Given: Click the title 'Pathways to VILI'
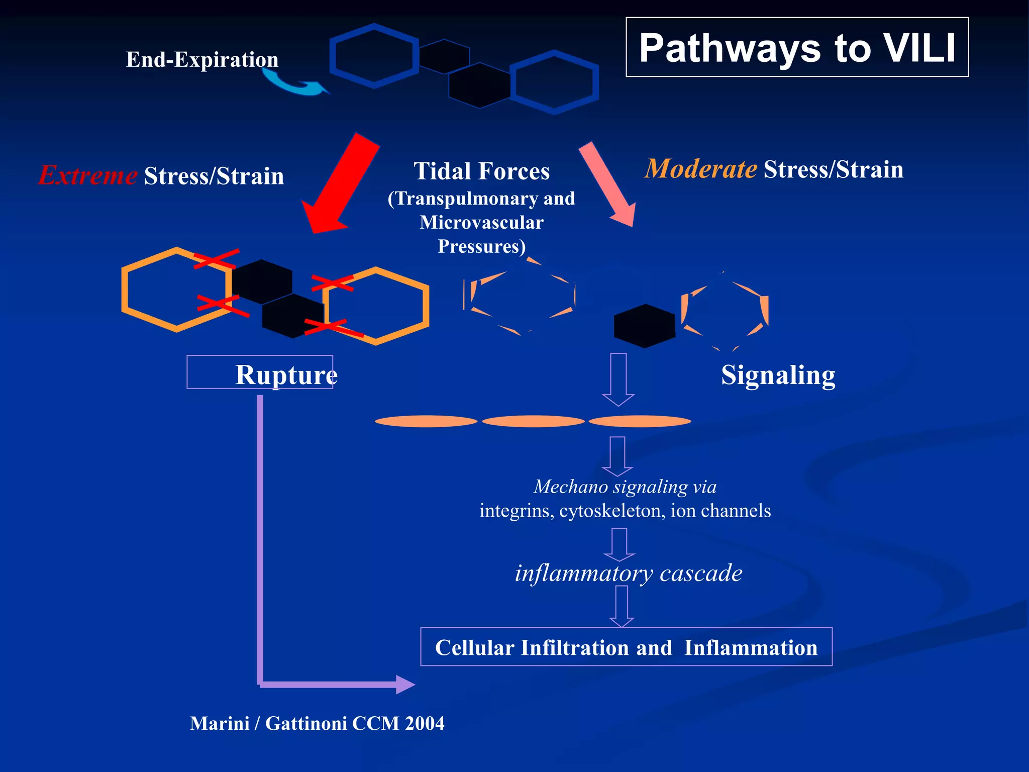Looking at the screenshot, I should (797, 48).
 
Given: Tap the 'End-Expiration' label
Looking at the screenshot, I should (202, 60).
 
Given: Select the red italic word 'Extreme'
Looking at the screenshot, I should (88, 175).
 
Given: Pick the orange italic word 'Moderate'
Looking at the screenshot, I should (701, 169).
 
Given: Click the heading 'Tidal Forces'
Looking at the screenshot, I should (481, 171).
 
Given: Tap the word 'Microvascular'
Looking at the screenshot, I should (481, 223).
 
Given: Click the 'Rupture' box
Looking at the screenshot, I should (260, 372).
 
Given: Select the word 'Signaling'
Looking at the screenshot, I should (778, 375).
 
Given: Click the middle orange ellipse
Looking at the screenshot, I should (533, 421).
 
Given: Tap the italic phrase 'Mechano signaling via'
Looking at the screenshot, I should (625, 487).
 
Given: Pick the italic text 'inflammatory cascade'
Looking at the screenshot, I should (628, 573).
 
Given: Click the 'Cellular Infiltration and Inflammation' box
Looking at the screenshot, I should (626, 647).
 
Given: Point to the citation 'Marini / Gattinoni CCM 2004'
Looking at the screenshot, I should (317, 723).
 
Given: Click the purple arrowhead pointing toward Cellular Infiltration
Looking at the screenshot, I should (405, 685).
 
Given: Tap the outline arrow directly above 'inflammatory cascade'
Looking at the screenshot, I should (619, 544).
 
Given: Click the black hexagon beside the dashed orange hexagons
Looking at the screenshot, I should (644, 326).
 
